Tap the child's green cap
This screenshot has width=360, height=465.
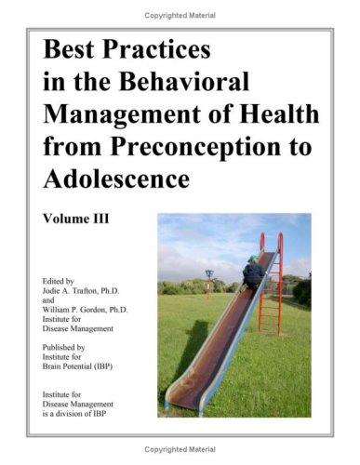[x=254, y=259]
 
